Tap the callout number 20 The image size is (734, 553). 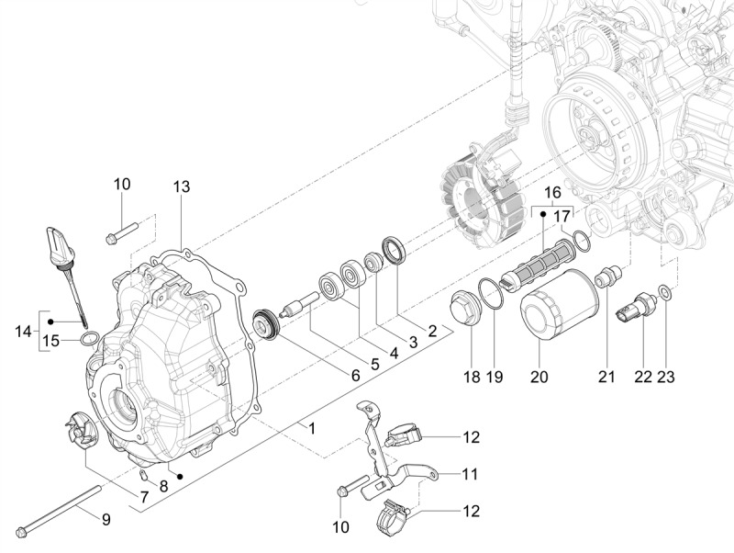[539, 376]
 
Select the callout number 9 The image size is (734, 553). [106, 520]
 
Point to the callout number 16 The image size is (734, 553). [552, 192]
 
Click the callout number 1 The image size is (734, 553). [312, 428]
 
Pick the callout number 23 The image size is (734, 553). [666, 376]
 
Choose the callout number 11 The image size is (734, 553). [470, 474]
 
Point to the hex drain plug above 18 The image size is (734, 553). [463, 307]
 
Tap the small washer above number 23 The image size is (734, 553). [666, 295]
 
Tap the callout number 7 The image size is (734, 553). [143, 496]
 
